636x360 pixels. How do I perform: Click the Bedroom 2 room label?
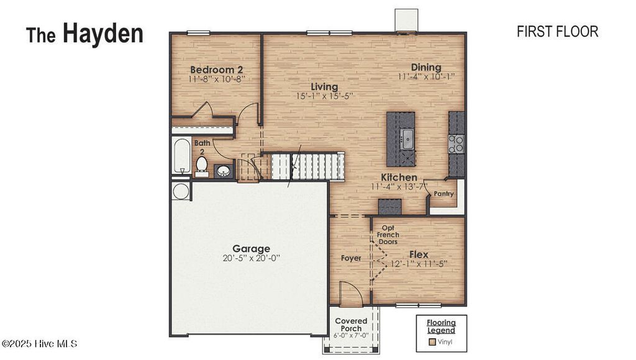click(216, 70)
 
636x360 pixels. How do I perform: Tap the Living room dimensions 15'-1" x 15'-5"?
click(324, 96)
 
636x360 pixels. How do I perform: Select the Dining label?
click(426, 68)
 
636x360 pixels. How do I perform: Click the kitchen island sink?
click(406, 138)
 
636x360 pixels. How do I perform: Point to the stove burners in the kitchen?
click(456, 143)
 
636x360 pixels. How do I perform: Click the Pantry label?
click(443, 194)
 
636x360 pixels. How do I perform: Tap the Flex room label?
click(418, 254)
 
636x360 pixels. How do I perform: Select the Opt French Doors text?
click(388, 235)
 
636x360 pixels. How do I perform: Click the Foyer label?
click(351, 258)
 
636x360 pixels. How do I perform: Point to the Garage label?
click(251, 248)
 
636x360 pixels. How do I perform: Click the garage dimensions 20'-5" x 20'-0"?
click(251, 258)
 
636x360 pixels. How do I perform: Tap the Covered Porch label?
click(351, 325)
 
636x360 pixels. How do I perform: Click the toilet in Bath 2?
click(201, 166)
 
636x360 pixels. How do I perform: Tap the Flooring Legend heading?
click(441, 326)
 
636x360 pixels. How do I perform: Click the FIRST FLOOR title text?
click(557, 32)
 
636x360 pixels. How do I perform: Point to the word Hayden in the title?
click(102, 34)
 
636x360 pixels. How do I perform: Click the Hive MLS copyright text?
click(40, 343)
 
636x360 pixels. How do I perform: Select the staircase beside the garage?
click(307, 167)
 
